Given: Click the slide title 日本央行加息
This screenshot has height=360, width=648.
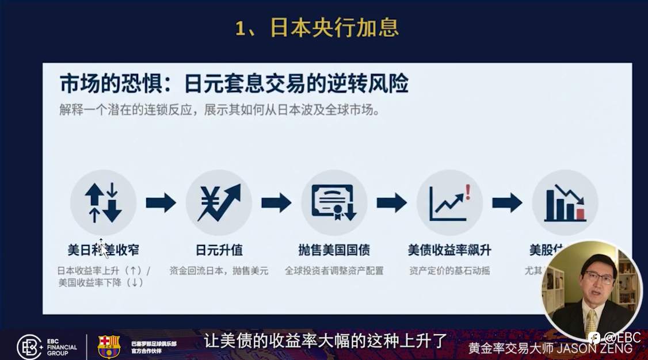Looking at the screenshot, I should coord(317,28).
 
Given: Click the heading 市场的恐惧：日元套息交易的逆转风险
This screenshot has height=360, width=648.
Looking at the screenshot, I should coord(234,85).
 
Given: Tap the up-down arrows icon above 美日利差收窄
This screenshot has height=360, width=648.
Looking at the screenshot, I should coord(103,202).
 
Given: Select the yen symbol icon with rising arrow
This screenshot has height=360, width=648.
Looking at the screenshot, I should coord(219,202).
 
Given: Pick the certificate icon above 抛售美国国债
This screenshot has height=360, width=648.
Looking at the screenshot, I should coord(334,202).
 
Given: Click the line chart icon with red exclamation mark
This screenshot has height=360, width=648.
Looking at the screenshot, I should coord(449,202).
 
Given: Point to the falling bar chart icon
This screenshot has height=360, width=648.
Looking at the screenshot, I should coord(565,202).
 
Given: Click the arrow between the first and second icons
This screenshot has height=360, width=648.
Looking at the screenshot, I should coord(161,202).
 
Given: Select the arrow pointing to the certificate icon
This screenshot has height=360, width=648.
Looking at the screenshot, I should coord(276,202).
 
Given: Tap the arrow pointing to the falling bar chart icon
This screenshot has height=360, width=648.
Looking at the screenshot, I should coord(507,202).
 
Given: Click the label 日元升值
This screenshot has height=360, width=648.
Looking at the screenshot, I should coord(219,251).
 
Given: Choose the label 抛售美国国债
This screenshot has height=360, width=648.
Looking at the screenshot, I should coord(334,251).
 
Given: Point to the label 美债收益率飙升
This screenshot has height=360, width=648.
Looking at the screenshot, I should coord(449,251).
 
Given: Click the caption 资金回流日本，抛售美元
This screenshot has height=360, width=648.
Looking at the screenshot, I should coord(219,270).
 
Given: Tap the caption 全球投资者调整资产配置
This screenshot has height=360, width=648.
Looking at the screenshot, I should coord(334,270).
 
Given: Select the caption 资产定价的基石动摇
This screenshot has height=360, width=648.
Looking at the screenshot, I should coord(449,270).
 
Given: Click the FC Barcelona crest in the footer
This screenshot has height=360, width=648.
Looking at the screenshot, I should coord(109,347).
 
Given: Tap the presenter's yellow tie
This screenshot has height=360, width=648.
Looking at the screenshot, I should coord(591,323).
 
